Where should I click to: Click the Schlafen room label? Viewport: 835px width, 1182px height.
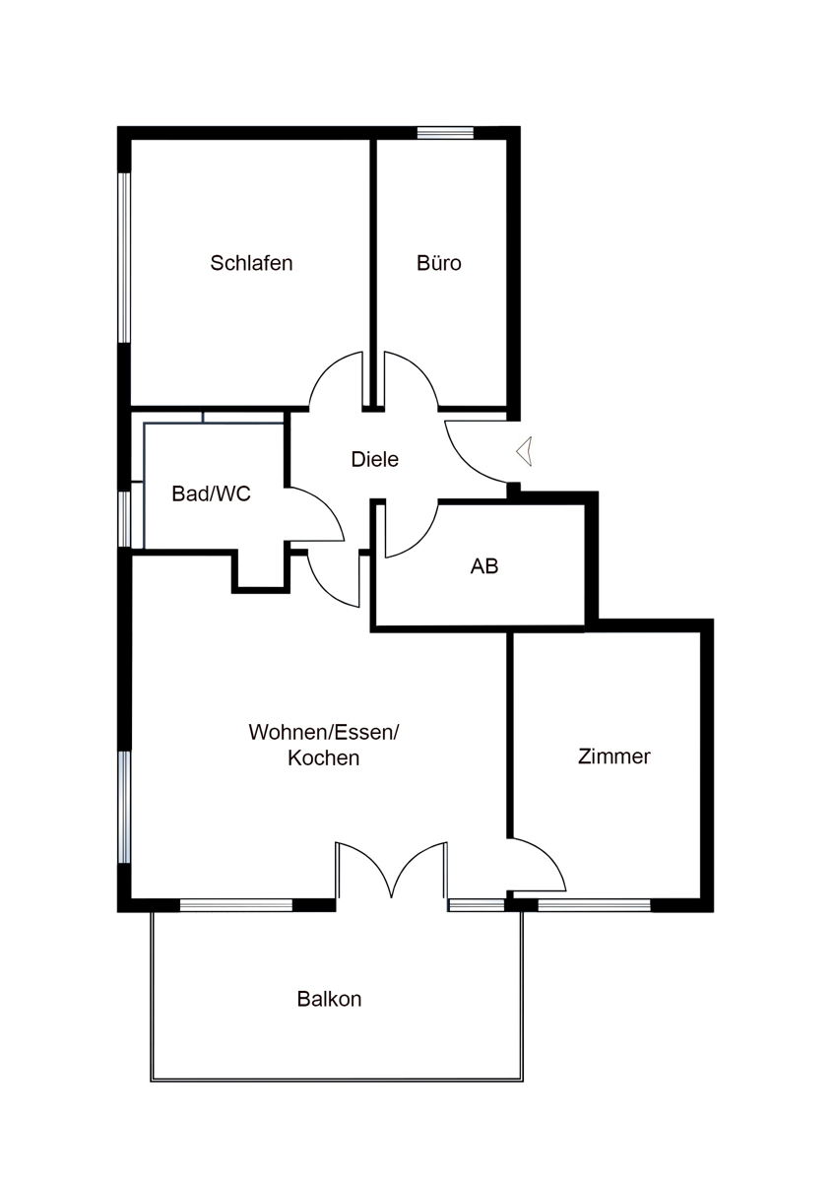(x=251, y=263)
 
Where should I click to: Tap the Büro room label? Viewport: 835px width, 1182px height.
(x=439, y=263)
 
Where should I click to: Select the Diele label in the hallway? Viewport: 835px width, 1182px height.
(x=374, y=459)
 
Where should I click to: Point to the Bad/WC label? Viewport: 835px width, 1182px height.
(x=211, y=493)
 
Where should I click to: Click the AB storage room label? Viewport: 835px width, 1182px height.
(x=484, y=566)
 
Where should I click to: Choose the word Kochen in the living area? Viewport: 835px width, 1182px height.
(x=323, y=757)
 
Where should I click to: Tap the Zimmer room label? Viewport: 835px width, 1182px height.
(x=614, y=756)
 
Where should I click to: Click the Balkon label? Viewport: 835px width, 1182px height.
(x=329, y=999)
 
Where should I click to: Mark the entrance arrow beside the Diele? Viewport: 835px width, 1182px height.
(x=524, y=452)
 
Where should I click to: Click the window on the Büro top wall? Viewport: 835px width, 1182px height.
(x=446, y=132)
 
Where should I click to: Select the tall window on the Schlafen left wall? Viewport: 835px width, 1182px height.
(x=124, y=258)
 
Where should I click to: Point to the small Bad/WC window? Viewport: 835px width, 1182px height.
(x=124, y=519)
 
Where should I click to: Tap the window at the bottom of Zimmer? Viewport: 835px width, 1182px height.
(x=595, y=905)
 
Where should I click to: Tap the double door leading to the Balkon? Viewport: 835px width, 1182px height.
(x=391, y=856)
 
